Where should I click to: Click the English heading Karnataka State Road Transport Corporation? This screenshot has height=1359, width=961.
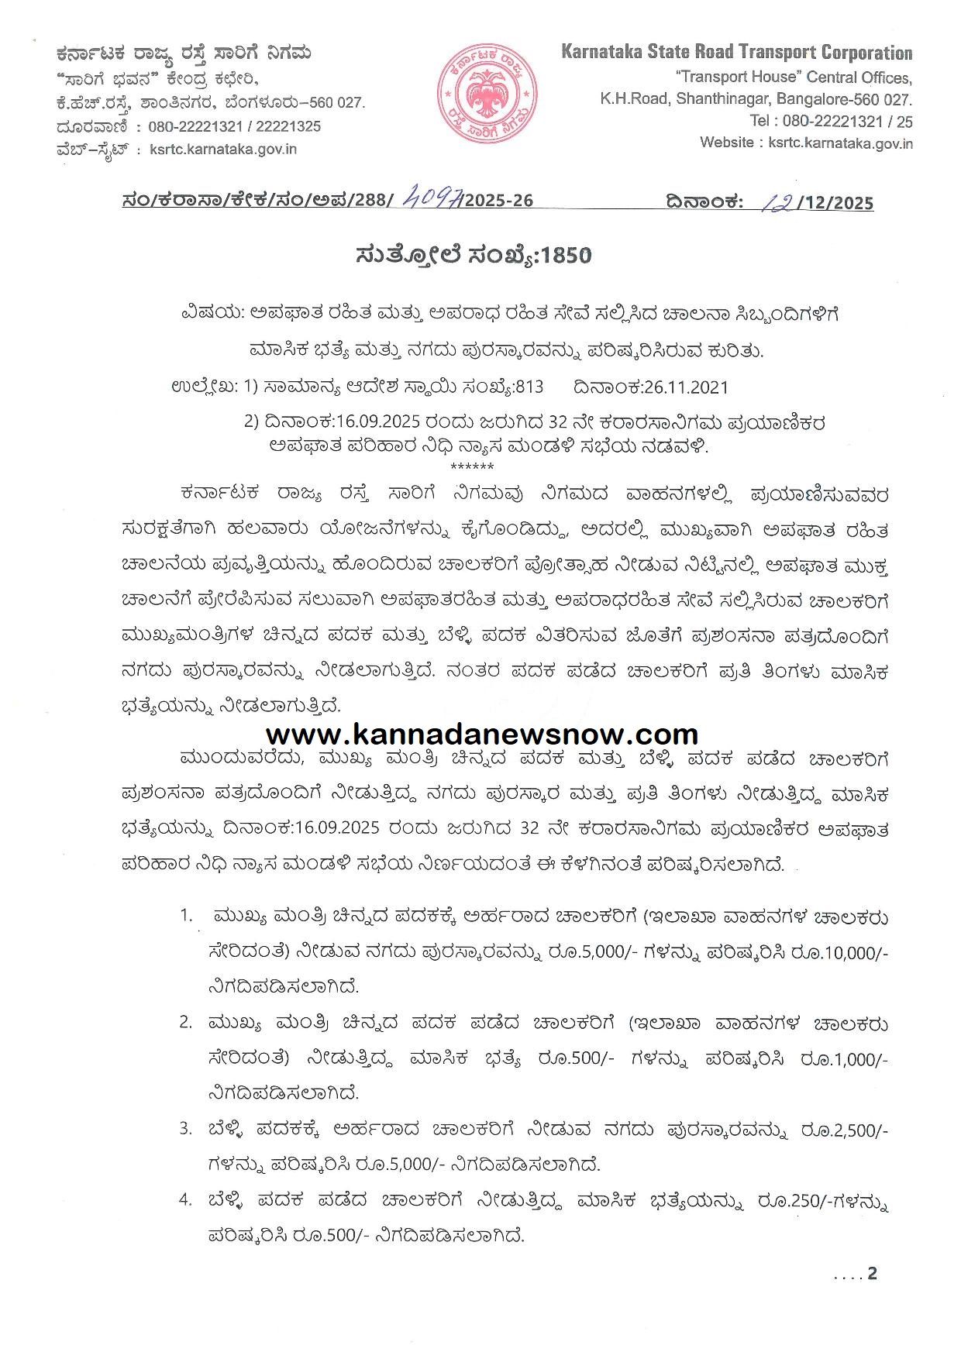tap(736, 53)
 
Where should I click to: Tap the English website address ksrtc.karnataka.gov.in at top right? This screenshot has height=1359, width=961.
tap(840, 143)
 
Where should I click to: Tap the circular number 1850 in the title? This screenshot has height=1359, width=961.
tap(567, 256)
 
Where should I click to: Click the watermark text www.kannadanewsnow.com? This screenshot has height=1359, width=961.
tap(482, 734)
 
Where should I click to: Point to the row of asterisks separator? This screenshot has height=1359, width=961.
tap(471, 466)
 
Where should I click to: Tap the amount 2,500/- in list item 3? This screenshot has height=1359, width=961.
tap(855, 1130)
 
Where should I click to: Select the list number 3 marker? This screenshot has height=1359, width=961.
tap(185, 1129)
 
